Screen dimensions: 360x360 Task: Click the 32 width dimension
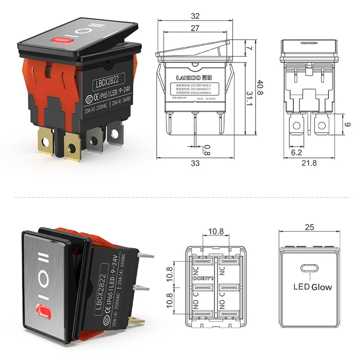click(x=195, y=16)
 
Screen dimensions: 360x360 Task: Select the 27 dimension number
click(x=195, y=28)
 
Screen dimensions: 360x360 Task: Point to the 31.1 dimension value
click(x=249, y=96)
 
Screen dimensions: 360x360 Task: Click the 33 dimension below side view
click(x=195, y=163)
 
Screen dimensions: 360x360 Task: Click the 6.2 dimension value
click(x=296, y=153)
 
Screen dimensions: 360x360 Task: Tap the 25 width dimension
click(x=309, y=227)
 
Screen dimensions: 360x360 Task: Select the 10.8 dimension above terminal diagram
click(x=216, y=232)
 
